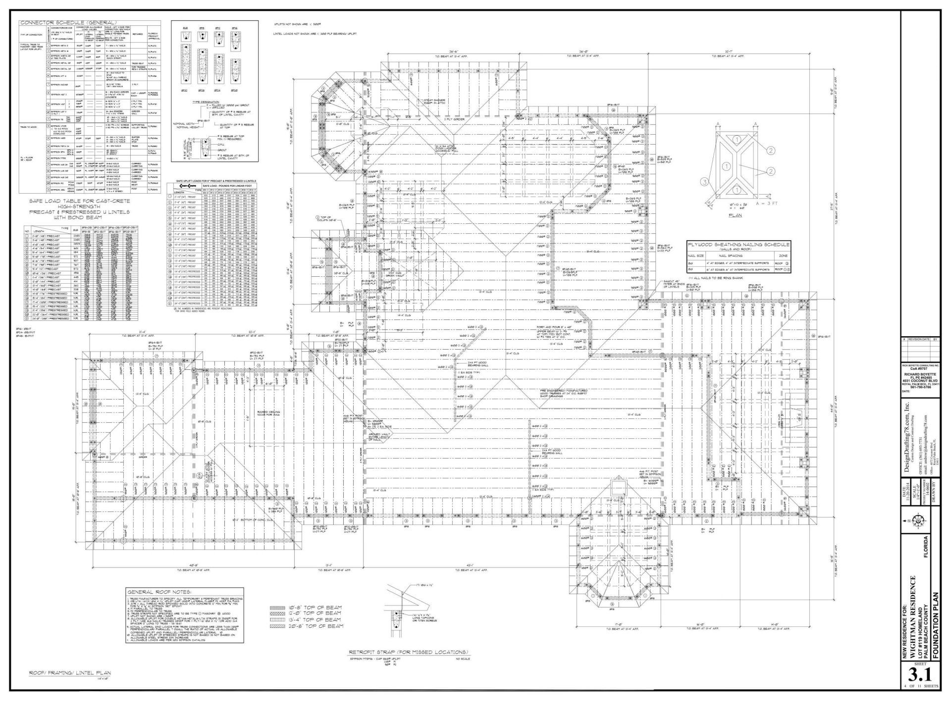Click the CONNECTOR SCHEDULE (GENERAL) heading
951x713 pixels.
pyautogui.click(x=68, y=23)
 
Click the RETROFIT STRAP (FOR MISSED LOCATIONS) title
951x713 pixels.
pyautogui.click(x=409, y=652)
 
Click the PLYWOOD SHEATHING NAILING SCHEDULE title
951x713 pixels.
pyautogui.click(x=739, y=245)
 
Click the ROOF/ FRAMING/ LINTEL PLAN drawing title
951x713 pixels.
pyautogui.click(x=69, y=673)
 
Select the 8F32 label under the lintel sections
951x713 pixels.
pyautogui.click(x=185, y=91)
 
